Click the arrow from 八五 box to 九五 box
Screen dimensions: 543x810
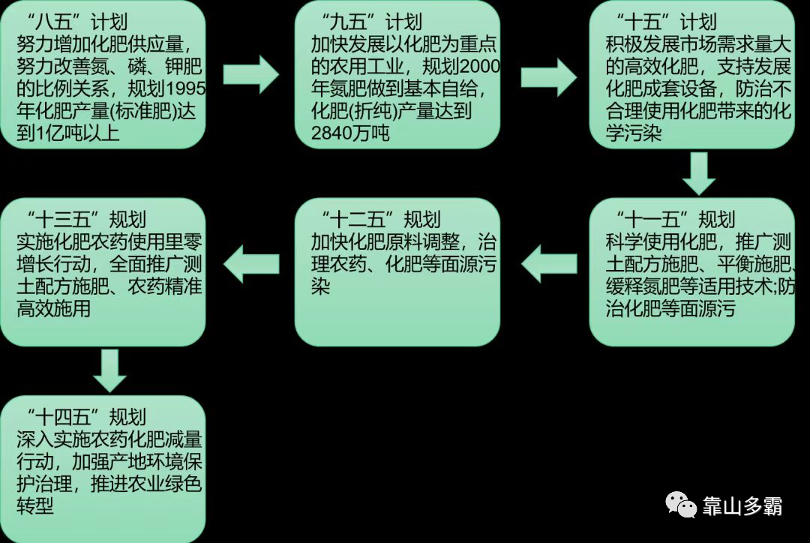[250, 73]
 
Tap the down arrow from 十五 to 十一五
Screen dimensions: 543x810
[699, 174]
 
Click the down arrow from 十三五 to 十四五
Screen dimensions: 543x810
[109, 369]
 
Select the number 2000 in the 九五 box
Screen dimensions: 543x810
[481, 67]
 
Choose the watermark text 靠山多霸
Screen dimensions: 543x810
[742, 506]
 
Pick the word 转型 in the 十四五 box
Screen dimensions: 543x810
[35, 506]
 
